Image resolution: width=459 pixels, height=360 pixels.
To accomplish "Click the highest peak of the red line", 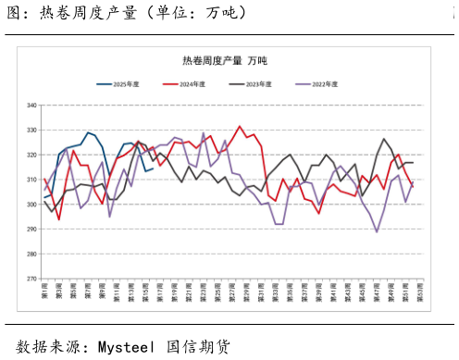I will point(240,127).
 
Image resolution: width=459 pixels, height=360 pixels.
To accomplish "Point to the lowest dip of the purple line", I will point(377,231).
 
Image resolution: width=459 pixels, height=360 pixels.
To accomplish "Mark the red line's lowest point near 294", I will point(59,219).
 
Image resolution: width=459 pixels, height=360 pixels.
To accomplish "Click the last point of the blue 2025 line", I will point(152,168).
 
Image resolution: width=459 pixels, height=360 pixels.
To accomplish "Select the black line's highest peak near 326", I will point(384,139).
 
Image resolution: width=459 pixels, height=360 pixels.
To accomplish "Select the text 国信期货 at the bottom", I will point(198,347).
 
